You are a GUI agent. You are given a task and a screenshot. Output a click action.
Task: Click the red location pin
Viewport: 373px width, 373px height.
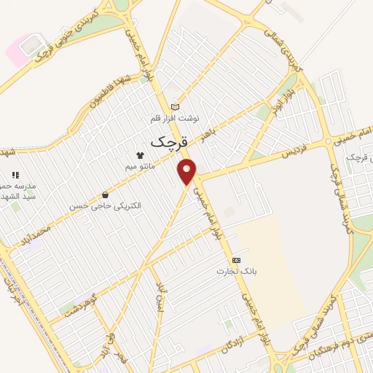pos(188,171)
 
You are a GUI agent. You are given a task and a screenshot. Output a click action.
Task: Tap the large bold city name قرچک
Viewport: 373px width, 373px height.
pos(169,143)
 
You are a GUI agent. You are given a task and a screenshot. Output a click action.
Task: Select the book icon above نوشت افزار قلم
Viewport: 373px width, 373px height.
pos(174,107)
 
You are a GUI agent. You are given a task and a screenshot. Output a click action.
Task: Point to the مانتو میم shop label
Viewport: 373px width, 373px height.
pos(140,166)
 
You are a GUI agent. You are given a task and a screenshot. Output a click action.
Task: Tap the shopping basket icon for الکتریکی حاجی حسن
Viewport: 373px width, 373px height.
pos(106,195)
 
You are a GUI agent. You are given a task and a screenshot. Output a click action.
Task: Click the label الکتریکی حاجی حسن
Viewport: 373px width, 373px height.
pos(106,206)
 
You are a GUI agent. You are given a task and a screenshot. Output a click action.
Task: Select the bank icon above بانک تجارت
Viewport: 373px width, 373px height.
pos(236,259)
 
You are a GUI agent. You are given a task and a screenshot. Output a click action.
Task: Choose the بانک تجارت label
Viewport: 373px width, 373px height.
pos(236,271)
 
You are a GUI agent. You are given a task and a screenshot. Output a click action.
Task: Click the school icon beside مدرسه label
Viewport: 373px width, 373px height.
pos(15,175)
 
